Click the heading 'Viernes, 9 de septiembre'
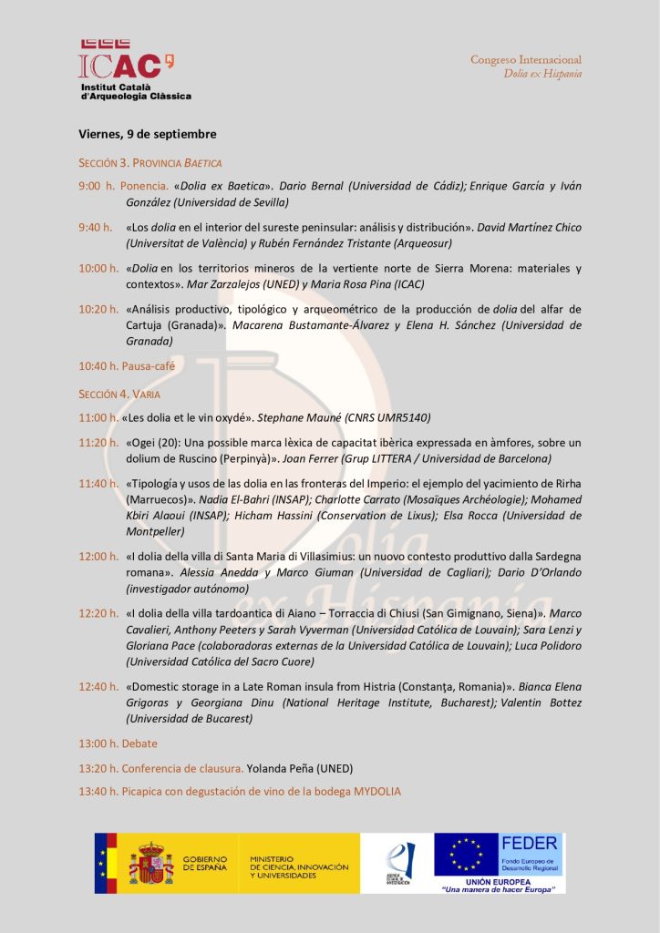click(x=147, y=134)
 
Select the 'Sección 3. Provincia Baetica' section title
click(x=150, y=163)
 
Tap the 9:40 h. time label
click(x=95, y=227)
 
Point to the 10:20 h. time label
click(x=98, y=309)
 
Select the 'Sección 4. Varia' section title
click(x=119, y=394)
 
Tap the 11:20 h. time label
click(x=98, y=442)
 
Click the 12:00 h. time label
click(x=98, y=556)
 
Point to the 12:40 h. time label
click(x=98, y=685)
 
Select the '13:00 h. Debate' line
click(x=118, y=743)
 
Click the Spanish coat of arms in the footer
click(x=150, y=863)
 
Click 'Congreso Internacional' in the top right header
click(x=525, y=59)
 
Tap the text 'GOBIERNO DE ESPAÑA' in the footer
click(x=205, y=863)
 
